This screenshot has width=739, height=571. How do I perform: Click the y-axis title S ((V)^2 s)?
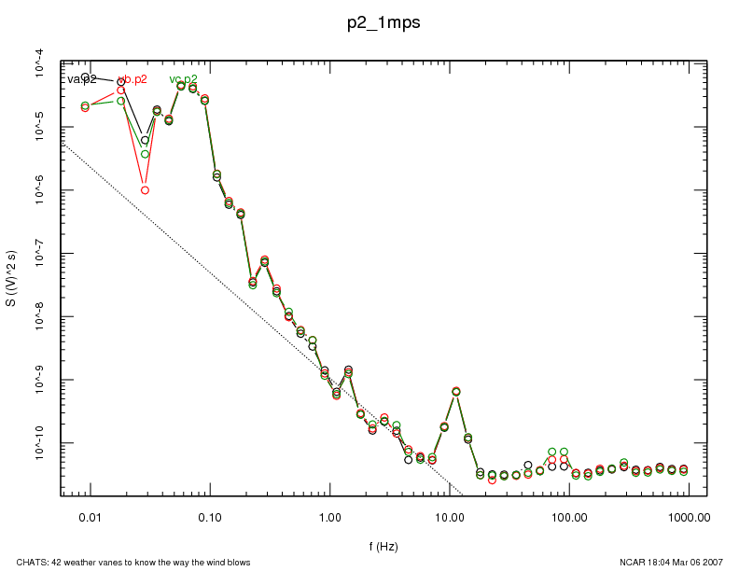[11, 279]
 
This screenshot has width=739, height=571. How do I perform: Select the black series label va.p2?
[82, 79]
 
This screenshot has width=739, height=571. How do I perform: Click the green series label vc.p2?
[183, 79]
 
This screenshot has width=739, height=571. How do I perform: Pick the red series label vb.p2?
[133, 79]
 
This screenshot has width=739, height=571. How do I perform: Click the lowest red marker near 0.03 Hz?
[145, 190]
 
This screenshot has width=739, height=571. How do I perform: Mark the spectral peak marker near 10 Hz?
[456, 392]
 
